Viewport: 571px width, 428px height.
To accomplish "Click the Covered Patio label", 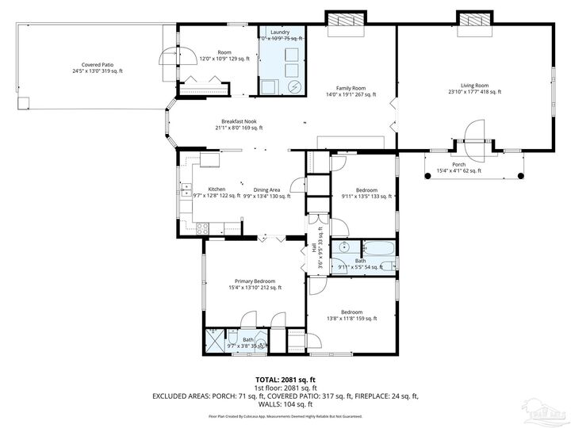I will coord(98,65).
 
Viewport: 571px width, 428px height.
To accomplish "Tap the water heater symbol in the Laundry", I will coord(294,86).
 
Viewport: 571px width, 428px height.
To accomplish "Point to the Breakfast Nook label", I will coord(239,121).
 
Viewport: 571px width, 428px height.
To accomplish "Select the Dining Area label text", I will coord(266,189).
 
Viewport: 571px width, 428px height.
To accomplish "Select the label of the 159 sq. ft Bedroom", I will coord(351,311).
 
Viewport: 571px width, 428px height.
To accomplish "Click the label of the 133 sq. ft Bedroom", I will coord(366,189).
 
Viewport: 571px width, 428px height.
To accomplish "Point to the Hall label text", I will coord(314,247).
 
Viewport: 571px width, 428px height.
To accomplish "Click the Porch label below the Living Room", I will coord(458,164).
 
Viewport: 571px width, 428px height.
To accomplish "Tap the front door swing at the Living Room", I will coord(474,135).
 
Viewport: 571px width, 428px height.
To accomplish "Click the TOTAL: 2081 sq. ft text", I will coord(285,379).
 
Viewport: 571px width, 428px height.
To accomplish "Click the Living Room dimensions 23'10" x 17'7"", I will coord(474,92).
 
